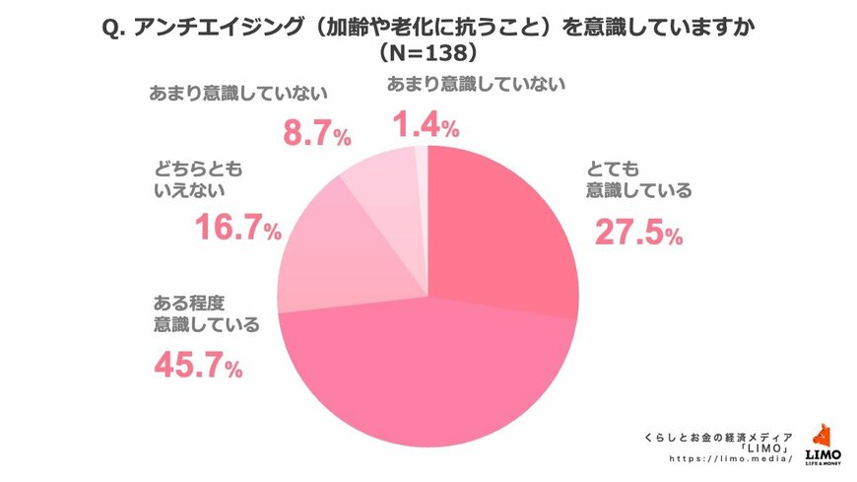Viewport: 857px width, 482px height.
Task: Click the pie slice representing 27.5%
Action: [502, 237]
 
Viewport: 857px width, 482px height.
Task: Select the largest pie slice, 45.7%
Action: [424, 375]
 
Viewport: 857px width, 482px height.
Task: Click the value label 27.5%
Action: [636, 233]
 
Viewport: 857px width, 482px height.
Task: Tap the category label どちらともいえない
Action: [198, 178]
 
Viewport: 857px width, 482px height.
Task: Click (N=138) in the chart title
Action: [428, 50]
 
